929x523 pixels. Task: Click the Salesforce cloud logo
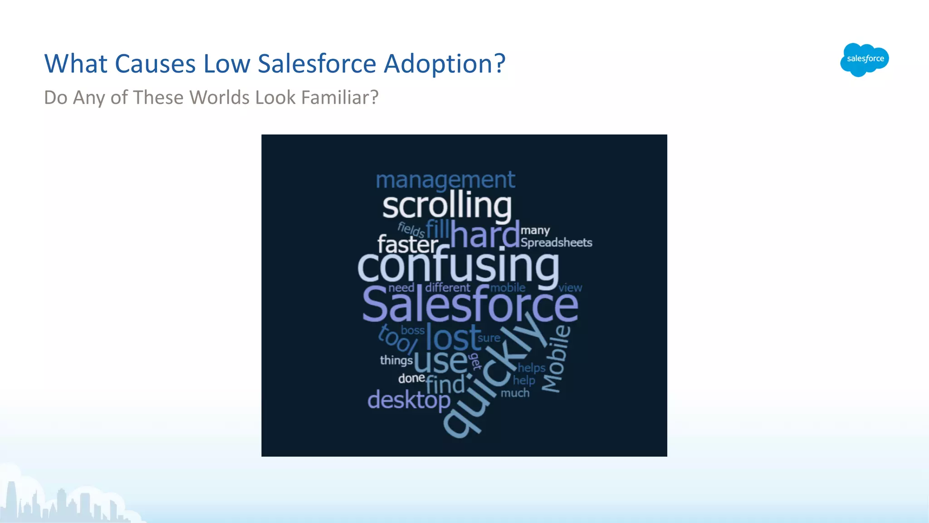(x=864, y=59)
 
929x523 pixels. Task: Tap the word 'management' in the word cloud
(x=445, y=180)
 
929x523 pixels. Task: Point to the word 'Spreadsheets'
(x=556, y=242)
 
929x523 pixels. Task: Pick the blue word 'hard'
(x=484, y=235)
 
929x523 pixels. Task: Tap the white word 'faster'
(x=407, y=245)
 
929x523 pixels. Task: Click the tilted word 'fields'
(x=411, y=230)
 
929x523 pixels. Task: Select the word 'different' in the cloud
(x=448, y=287)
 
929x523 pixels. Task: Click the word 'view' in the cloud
(x=570, y=288)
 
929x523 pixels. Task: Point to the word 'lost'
(x=453, y=337)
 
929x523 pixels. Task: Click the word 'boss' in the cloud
(x=412, y=331)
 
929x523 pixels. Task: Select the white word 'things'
(x=396, y=360)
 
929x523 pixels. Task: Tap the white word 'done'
(x=411, y=378)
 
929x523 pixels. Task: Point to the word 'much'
(x=515, y=393)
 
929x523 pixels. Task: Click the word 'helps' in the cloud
(x=531, y=368)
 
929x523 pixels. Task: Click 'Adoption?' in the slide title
(x=445, y=64)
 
